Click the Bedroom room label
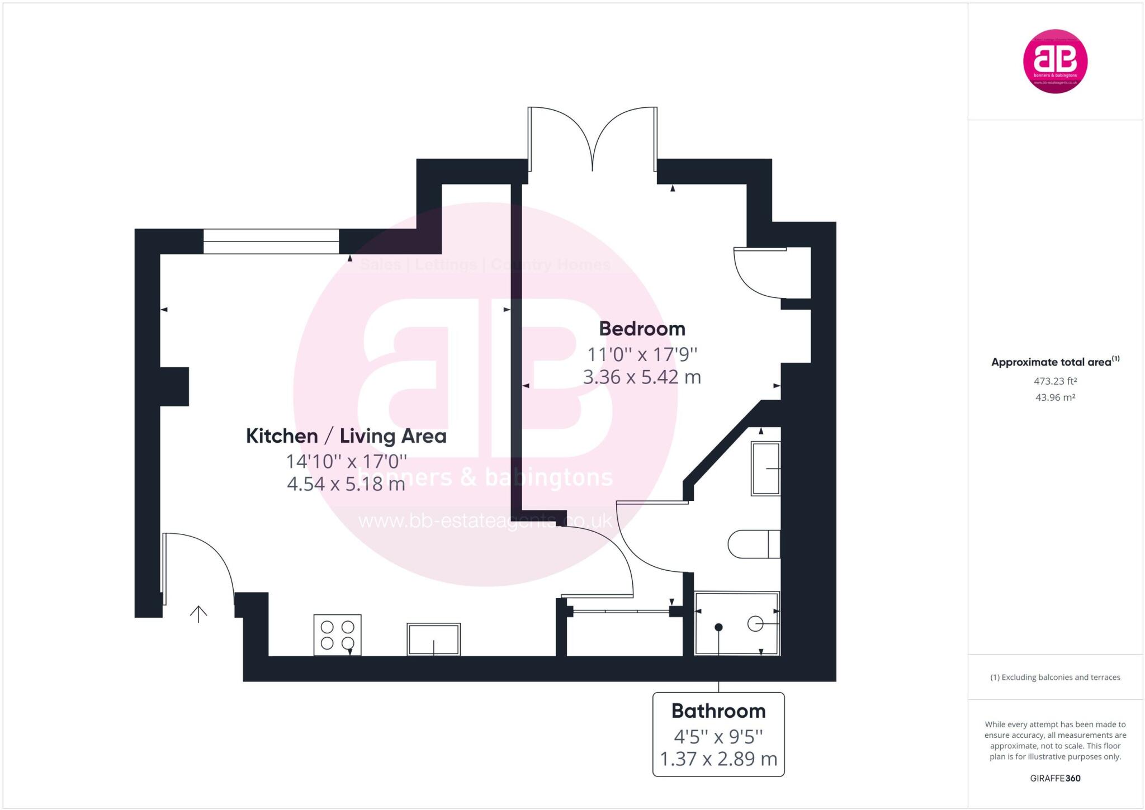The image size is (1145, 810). point(642,329)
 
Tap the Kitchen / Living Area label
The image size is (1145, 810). point(346,436)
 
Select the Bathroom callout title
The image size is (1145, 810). point(718,711)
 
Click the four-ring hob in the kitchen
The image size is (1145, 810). point(338,634)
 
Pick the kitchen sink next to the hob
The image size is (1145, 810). point(433,639)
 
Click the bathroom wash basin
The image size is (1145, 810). point(765,468)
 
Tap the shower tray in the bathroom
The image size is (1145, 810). point(736,623)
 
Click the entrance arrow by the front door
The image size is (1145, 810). point(198,614)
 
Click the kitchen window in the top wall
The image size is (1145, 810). point(271,241)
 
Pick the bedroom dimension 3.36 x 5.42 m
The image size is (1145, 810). point(642,377)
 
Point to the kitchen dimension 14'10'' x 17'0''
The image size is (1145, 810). point(346,462)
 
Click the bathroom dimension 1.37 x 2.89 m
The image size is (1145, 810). point(718,759)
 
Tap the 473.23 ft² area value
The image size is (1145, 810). point(1055,381)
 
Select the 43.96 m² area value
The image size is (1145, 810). point(1055,397)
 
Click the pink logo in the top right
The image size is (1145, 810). point(1055,61)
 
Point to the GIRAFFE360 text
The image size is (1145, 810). point(1055,778)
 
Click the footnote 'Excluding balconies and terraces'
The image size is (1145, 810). point(1055,678)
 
